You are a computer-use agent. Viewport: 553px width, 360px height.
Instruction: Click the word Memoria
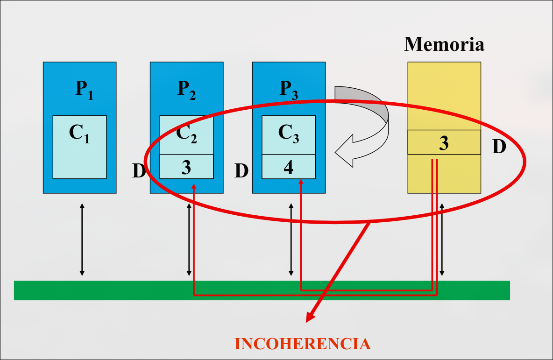(x=444, y=44)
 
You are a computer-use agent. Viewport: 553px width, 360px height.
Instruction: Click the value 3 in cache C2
(x=186, y=167)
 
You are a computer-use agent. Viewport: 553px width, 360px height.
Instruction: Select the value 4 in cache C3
(x=288, y=167)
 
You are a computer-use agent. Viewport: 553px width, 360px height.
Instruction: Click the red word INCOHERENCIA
(x=302, y=344)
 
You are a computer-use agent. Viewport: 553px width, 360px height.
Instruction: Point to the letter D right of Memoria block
(x=499, y=147)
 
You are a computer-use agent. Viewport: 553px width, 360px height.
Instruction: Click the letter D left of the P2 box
(x=139, y=171)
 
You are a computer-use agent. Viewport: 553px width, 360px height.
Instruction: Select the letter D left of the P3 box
(x=241, y=171)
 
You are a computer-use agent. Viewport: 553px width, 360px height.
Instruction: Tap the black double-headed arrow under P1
(x=82, y=239)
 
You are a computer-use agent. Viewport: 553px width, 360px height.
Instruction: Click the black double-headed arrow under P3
(x=291, y=239)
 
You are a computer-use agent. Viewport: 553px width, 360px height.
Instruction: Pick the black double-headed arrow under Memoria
(x=442, y=239)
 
